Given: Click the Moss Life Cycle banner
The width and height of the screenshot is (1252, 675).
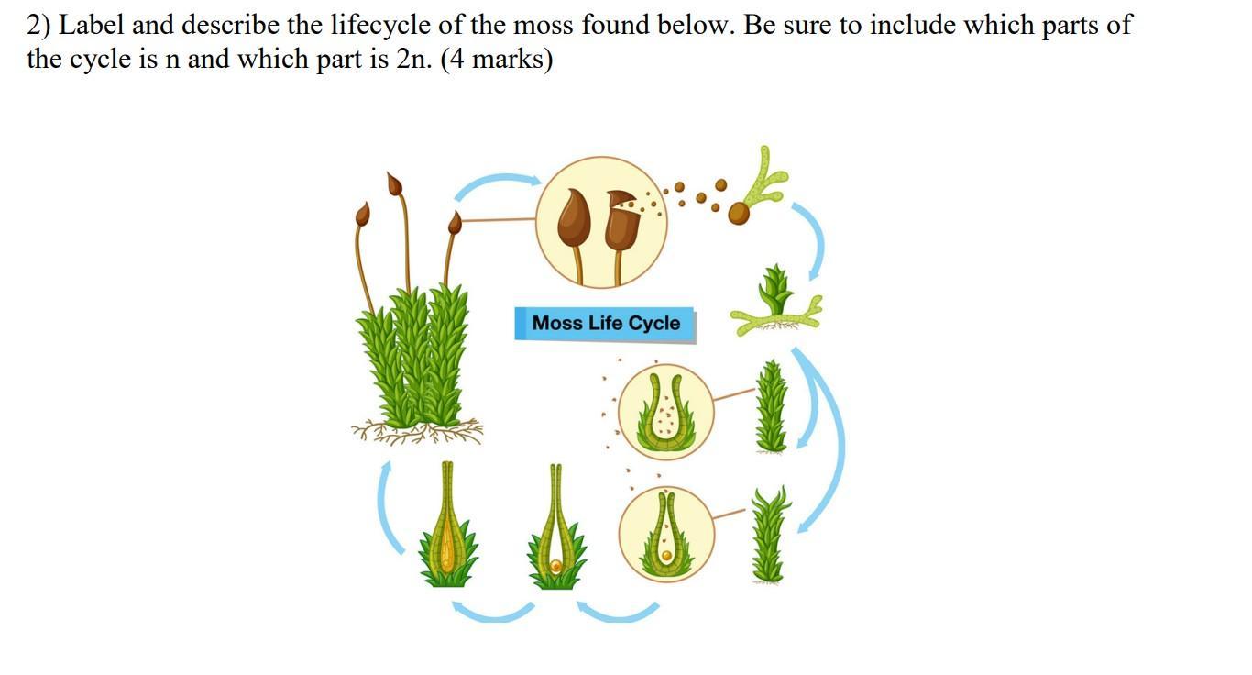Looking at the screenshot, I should click(x=605, y=324).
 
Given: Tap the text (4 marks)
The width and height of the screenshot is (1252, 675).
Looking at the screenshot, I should click(x=497, y=61).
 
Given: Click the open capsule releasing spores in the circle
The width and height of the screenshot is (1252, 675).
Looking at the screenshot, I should click(x=622, y=220).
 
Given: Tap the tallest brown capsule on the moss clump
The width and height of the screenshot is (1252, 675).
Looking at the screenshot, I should click(x=395, y=184).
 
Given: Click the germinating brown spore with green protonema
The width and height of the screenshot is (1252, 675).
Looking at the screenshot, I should click(x=739, y=213).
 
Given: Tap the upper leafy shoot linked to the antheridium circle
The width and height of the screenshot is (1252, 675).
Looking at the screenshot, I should click(x=772, y=405).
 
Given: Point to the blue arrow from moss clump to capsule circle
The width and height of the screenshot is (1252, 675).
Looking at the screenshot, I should click(x=496, y=184).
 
